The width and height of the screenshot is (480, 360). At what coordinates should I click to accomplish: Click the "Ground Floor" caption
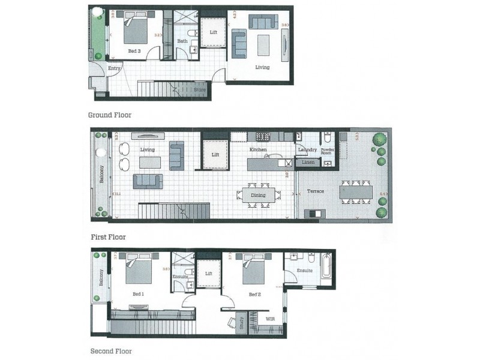point(110,115)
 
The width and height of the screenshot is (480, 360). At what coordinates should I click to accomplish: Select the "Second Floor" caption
point(111,351)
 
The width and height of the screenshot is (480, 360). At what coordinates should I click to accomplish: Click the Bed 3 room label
point(134,52)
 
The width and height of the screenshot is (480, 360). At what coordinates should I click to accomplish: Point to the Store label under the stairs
point(199,90)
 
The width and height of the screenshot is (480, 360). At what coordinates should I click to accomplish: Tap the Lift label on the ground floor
point(213,32)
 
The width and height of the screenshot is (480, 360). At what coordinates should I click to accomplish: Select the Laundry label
point(307,149)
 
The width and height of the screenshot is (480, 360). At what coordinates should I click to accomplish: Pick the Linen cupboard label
point(308,163)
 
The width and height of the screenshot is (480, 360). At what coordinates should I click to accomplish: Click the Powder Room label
point(328,151)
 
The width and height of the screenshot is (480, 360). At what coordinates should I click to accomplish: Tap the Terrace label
point(316,191)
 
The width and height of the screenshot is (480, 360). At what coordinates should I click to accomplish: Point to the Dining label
point(258,195)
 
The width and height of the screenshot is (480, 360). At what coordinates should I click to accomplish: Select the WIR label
point(270,319)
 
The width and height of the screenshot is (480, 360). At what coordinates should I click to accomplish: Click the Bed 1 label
point(139,294)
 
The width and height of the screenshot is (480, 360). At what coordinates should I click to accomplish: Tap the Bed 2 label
point(254,294)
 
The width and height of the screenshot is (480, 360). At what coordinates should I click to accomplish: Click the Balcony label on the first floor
point(101,175)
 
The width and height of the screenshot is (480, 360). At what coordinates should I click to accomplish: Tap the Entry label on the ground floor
point(114,68)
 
